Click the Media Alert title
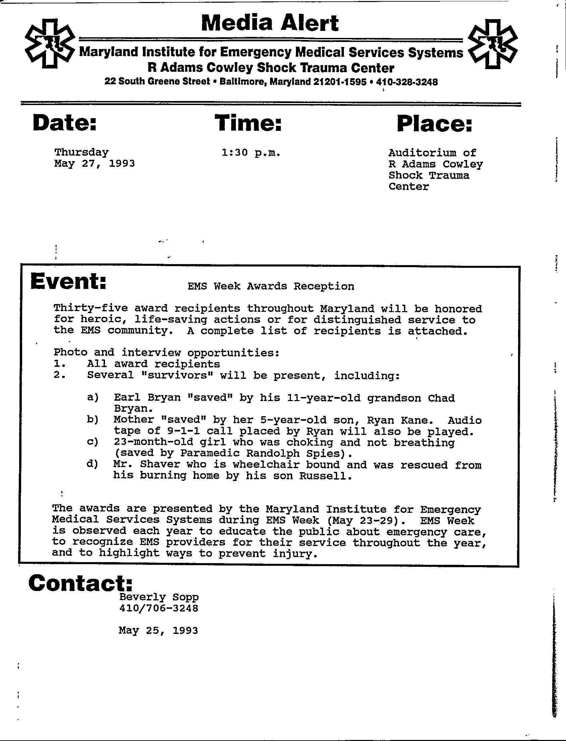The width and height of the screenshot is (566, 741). point(270,23)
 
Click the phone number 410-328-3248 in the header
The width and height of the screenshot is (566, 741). point(407,82)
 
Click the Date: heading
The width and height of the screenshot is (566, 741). point(65,123)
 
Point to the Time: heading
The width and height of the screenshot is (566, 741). point(248,123)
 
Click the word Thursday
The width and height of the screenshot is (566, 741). point(82,152)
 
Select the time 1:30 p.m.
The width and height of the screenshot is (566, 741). point(251,153)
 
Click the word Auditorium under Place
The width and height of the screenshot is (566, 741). point(421,153)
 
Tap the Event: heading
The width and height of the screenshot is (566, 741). point(68,282)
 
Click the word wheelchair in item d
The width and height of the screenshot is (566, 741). point(266,465)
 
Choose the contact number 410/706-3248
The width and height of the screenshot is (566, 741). point(159,608)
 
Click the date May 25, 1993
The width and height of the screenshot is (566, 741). point(158,630)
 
